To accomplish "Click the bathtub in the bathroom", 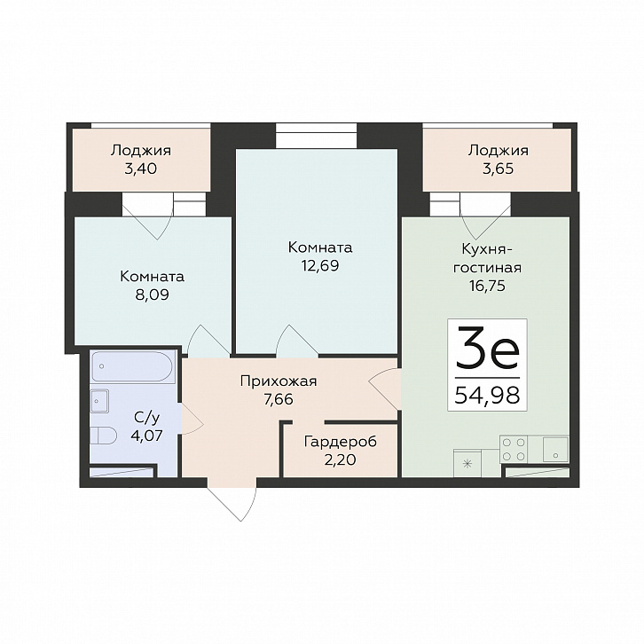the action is pos(132,366).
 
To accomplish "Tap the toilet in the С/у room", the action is pos(101,436).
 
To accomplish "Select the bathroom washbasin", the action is pos(99,399).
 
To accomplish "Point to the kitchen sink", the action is pos(555,450).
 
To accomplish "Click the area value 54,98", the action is pos(487,395).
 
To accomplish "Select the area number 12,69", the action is pos(320,266).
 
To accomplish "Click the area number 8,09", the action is pos(152,295).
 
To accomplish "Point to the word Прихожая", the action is pos(279,381).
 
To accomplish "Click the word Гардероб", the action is pos(340,443).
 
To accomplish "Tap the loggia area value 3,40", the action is pos(140,169).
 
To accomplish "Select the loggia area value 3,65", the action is pos(498,169).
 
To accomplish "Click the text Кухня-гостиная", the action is pos(487,257).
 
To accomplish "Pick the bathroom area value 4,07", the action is pos(146,436).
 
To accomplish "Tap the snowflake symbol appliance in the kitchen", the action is pos(467,464).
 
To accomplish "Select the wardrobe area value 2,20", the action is pos(340,460).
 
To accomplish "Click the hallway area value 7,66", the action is pos(279,399).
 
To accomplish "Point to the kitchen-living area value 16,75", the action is pos(487,286).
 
